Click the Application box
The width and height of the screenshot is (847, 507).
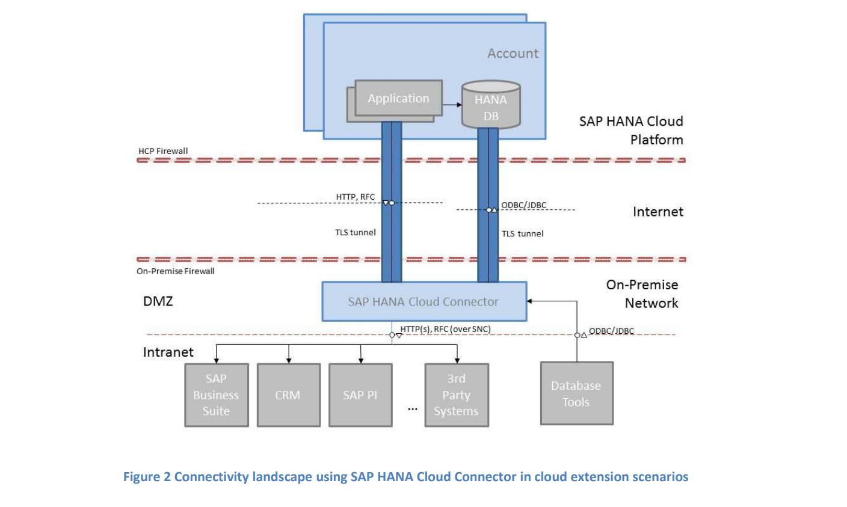tap(398, 98)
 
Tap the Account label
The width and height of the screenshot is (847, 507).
tap(513, 54)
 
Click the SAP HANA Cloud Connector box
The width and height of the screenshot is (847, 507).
tap(423, 301)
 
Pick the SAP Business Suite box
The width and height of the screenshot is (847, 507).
tap(216, 395)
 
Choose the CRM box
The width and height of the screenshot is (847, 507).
tap(288, 395)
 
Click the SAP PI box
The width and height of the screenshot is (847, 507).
tap(360, 395)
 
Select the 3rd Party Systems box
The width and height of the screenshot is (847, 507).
tap(456, 395)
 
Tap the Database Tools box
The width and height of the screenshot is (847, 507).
tap(576, 394)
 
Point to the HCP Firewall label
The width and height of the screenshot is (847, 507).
tap(163, 151)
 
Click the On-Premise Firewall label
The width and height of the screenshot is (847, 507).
tap(175, 271)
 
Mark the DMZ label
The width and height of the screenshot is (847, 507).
tap(158, 301)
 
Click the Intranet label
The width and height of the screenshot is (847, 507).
tap(168, 352)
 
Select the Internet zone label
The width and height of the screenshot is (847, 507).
tap(658, 212)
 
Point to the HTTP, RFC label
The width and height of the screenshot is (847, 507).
tap(355, 197)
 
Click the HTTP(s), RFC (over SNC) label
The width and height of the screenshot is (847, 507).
tap(445, 329)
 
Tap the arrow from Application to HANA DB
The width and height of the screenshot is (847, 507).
tap(452, 105)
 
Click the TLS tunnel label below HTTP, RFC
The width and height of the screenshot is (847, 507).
tap(355, 232)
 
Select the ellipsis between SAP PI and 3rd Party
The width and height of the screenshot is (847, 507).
tap(412, 409)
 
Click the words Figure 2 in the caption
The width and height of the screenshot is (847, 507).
tap(147, 477)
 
